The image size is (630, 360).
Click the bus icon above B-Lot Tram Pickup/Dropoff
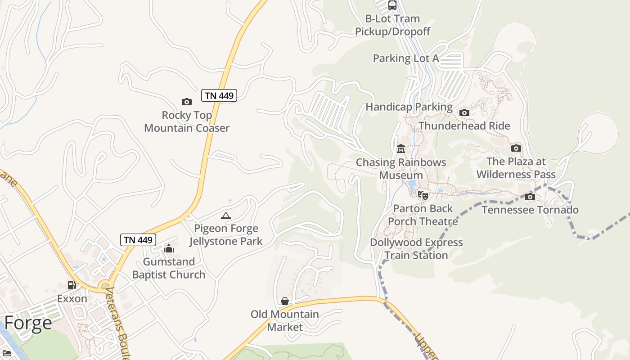[392, 5]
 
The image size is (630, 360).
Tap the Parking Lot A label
[406, 58]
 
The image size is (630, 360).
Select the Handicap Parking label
[409, 107]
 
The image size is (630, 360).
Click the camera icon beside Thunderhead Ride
[464, 112]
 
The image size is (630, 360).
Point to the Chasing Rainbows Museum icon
[400, 149]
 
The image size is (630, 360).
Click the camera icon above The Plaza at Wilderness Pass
[516, 148]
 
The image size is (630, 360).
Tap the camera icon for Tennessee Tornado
[530, 197]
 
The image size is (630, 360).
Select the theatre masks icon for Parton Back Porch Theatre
[423, 195]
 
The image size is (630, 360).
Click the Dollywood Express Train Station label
[416, 249]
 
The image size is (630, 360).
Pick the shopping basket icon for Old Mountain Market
[285, 301]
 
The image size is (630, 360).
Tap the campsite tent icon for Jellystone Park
[226, 216]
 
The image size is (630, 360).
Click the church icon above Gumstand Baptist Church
[169, 248]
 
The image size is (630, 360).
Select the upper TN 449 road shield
[219, 95]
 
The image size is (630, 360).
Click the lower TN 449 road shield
[138, 240]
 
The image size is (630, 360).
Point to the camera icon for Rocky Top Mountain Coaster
[186, 102]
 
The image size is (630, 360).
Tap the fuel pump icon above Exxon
[72, 285]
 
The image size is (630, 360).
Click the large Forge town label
[28, 323]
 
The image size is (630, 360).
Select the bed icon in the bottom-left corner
[7, 353]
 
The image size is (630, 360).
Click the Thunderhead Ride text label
[464, 126]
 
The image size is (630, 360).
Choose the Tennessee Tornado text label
[530, 210]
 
